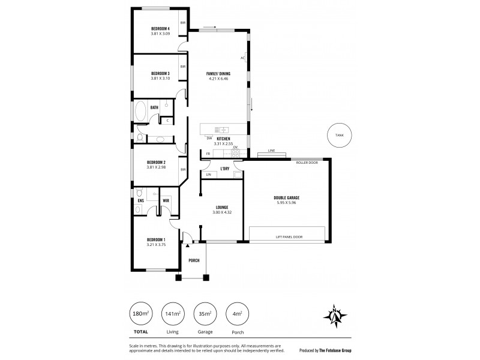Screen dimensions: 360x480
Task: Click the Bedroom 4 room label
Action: (160, 29)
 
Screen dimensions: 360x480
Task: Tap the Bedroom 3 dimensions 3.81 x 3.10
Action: (160, 78)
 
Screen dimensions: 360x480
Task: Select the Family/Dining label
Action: (219, 73)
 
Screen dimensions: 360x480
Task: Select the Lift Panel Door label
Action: (289, 237)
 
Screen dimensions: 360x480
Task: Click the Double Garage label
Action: (286, 197)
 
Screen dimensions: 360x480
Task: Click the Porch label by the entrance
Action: (194, 260)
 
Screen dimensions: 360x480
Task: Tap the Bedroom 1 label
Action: (155, 239)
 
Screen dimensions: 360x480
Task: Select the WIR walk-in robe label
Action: (166, 200)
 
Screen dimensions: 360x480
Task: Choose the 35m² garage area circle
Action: (205, 313)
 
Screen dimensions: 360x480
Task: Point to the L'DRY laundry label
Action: (225, 169)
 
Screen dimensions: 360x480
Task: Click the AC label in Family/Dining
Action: (242, 58)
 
